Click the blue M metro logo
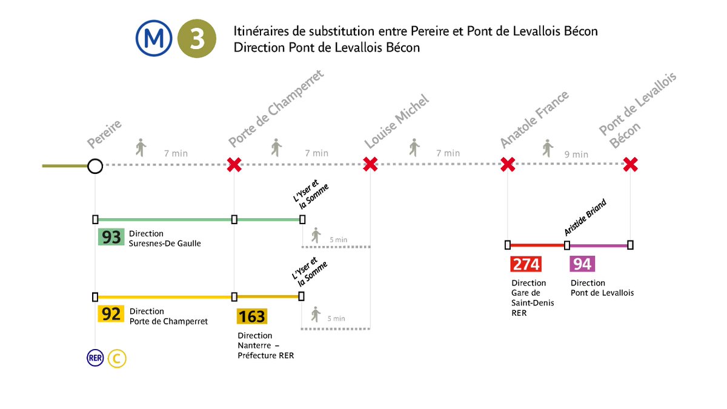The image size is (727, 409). pos(153,38)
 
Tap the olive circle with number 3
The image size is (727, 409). pos(197,38)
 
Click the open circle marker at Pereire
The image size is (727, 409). pos(95,165)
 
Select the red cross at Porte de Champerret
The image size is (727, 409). pos(234,164)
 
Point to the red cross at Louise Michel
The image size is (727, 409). pos(370,164)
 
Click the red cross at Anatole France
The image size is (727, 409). pos(508,164)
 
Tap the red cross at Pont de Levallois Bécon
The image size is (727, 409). pos(631,164)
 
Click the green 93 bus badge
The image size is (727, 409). pos(111,237)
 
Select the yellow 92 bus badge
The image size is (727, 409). pos(111,314)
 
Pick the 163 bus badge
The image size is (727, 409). pos(251,316)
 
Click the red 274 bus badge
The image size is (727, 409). pos(526,264)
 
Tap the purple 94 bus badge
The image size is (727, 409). pos(582,264)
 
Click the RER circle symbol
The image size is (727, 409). pos(96,358)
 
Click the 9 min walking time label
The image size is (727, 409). pos(576,155)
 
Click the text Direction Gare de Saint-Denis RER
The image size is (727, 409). pos(529,298)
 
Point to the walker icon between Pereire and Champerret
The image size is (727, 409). pos(141,147)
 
